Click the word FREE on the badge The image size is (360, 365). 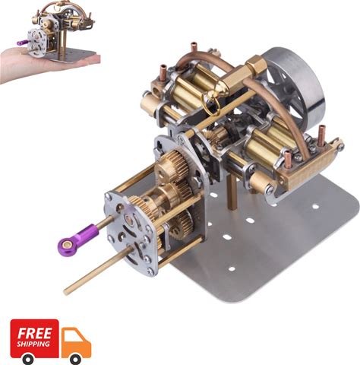(x=34, y=333)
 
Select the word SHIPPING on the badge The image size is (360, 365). (x=33, y=344)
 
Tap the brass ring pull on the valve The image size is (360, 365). (x=211, y=103)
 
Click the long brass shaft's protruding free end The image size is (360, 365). (x=66, y=292)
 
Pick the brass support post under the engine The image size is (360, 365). (x=232, y=193)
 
